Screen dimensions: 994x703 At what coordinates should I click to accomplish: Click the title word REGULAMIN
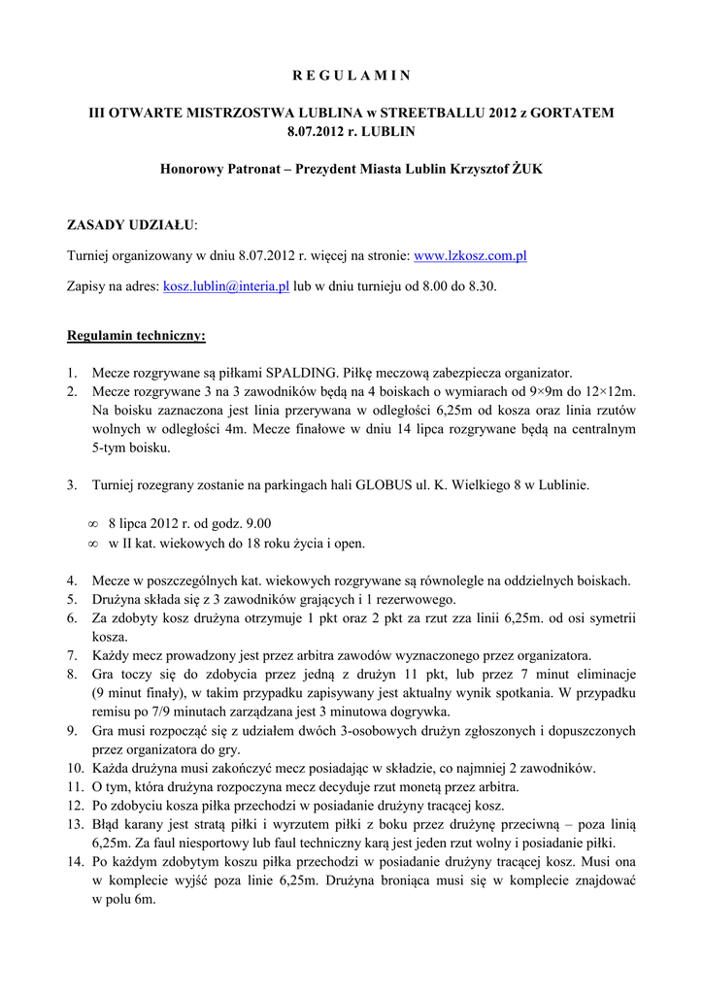click(351, 75)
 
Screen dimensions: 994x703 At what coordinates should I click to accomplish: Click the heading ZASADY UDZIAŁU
click(130, 225)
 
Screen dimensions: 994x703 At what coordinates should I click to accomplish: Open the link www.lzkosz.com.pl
click(470, 257)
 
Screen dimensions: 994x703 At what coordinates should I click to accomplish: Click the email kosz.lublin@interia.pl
click(226, 287)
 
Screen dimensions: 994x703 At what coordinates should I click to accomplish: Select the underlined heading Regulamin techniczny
click(136, 337)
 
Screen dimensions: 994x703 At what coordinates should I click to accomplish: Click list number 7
click(72, 655)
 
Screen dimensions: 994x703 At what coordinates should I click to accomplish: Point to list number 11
click(75, 786)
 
